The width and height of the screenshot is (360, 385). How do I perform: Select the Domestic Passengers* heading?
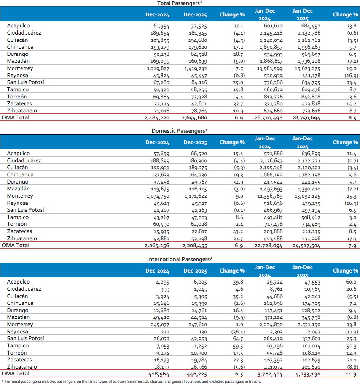point(180,131)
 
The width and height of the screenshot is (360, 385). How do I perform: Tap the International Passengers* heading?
point(180,259)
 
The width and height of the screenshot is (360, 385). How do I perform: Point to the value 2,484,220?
point(157,118)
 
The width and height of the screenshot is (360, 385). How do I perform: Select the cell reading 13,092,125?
point(306,196)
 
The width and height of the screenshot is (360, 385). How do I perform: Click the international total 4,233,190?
point(307,374)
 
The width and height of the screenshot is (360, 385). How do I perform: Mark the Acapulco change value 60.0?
point(351,282)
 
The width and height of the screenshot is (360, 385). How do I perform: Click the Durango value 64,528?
point(197,54)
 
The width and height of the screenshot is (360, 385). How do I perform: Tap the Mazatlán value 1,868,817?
point(269,61)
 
